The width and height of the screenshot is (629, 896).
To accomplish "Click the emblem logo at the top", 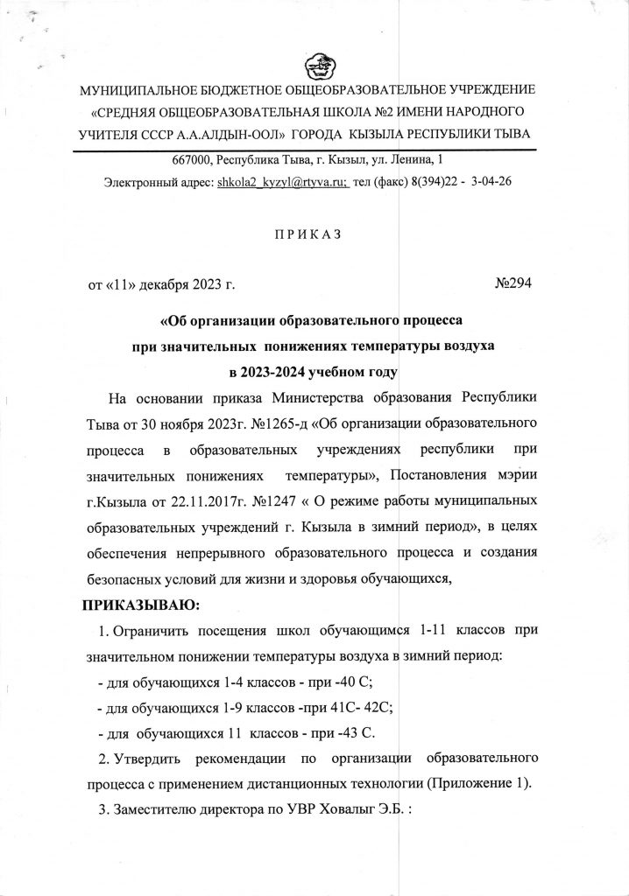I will (x=314, y=68).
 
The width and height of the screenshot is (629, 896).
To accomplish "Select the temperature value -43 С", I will (x=378, y=731).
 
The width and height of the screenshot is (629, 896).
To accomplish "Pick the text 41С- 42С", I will (x=356, y=707).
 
